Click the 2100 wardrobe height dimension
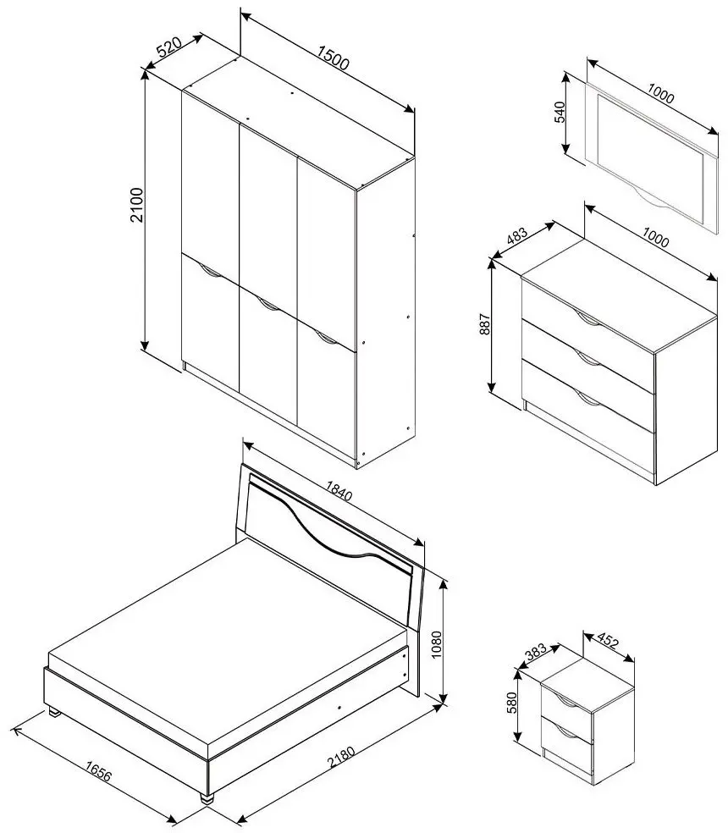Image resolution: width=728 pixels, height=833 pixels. [138, 205]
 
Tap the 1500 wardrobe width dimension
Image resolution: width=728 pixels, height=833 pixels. [334, 58]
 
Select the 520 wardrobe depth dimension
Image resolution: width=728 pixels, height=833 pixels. [169, 47]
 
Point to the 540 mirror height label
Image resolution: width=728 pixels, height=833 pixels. [560, 112]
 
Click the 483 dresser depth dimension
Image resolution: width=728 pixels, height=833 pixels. [517, 235]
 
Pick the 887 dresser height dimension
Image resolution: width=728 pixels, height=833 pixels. [484, 324]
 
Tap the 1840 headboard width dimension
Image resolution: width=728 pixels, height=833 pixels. [339, 491]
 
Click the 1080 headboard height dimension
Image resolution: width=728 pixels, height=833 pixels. [436, 644]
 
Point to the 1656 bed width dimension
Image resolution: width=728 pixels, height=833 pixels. [98, 772]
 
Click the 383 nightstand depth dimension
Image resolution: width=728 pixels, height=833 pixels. [536, 651]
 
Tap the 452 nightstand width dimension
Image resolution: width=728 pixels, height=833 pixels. [608, 641]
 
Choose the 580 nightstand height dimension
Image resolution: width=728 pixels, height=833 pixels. [512, 702]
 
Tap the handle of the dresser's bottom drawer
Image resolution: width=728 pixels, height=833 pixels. [587, 401]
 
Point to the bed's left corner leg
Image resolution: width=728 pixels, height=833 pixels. [54, 713]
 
